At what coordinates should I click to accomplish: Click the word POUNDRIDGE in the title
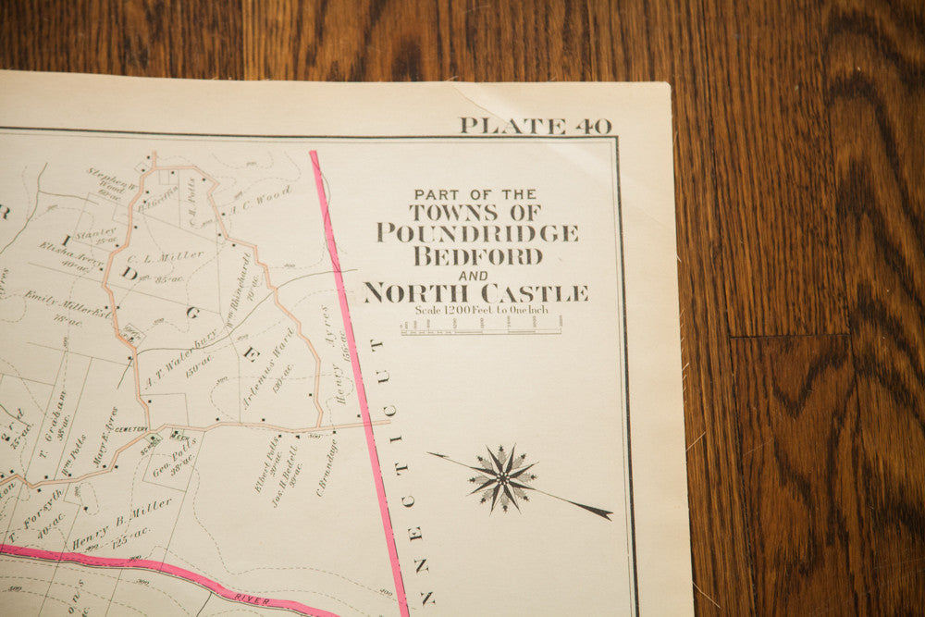477,232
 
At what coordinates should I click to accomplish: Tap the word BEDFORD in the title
477,256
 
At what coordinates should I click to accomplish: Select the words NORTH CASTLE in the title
475,293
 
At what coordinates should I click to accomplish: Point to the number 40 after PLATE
592,126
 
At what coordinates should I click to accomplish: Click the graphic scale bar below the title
480,327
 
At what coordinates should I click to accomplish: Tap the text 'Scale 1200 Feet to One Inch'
481,311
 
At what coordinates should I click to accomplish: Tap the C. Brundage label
327,467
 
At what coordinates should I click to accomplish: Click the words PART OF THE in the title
475,194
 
